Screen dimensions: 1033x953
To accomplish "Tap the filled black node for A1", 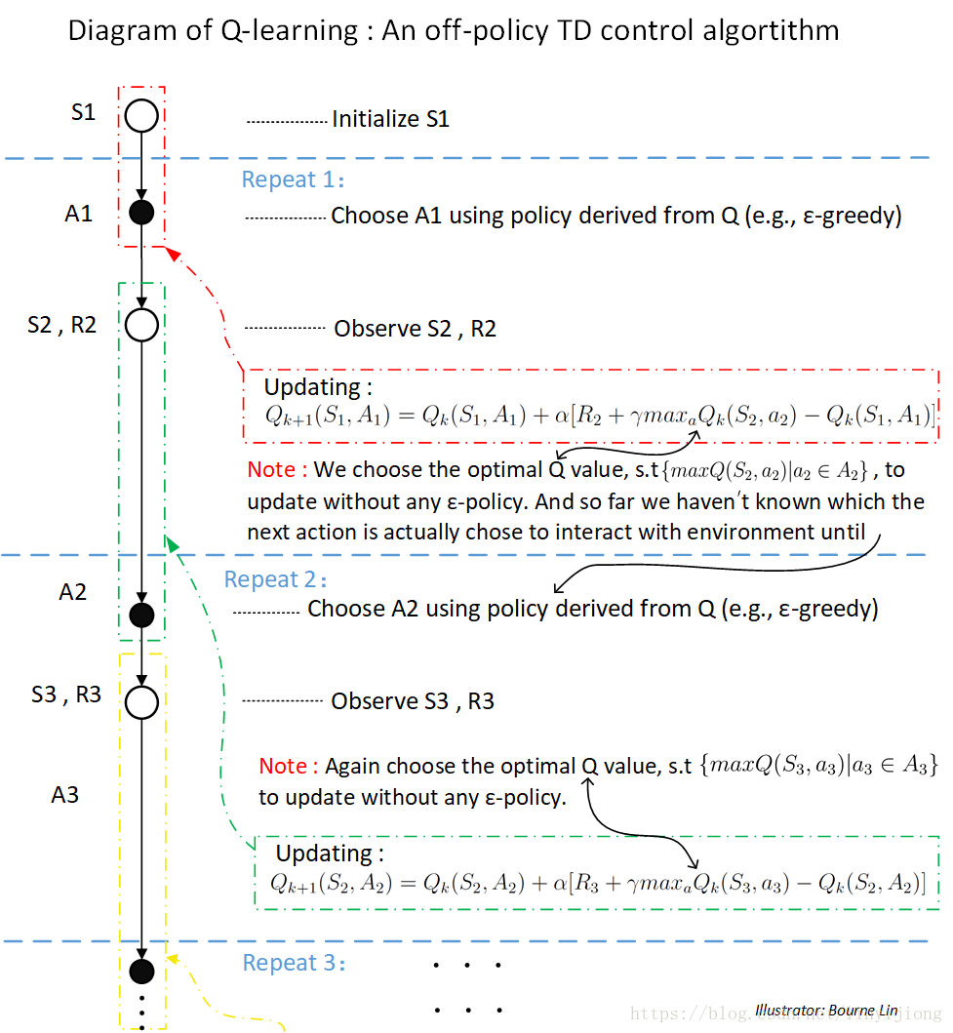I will (142, 213).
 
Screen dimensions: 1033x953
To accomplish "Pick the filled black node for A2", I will (142, 615).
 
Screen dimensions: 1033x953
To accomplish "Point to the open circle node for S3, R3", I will (142, 702).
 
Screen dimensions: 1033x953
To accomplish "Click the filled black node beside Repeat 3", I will (142, 971).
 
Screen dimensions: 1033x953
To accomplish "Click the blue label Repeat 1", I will (293, 180).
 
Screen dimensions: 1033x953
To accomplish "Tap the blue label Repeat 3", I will (294, 963).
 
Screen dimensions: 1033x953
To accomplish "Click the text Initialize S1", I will (390, 120).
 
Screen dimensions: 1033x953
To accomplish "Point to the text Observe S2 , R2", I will (415, 329).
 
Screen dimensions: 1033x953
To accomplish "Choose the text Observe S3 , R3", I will (412, 701).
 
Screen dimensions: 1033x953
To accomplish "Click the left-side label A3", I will (65, 795).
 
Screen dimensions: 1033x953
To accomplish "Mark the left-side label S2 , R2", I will (62, 326).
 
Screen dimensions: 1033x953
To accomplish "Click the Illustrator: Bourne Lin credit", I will (826, 1011).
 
